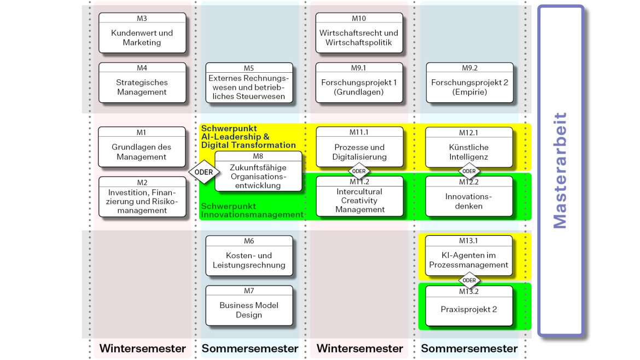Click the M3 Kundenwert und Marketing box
(142, 33)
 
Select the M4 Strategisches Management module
(142, 83)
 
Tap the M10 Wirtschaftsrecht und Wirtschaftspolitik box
(359, 33)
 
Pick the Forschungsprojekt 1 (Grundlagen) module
(359, 83)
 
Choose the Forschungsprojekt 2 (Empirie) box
(469, 83)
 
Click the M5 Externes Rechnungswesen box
(249, 83)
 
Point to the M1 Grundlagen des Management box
(142, 147)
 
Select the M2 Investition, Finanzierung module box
(142, 197)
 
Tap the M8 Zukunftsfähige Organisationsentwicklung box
(258, 172)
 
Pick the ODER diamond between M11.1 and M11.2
(359, 171)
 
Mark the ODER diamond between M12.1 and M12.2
(469, 171)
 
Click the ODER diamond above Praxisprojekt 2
(469, 281)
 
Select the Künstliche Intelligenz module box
(469, 148)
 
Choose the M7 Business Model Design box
(249, 306)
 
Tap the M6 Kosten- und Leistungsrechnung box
(249, 256)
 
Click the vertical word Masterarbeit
(560, 170)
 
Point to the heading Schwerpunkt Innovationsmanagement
(252, 211)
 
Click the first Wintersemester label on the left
(142, 349)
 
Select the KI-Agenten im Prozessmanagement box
(469, 256)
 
